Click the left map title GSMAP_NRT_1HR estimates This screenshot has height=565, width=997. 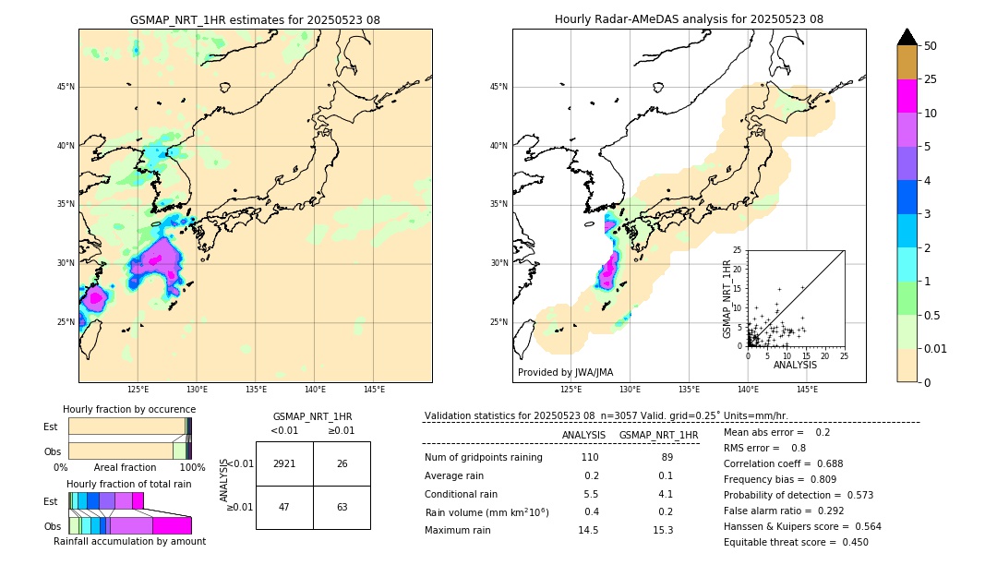click(x=255, y=19)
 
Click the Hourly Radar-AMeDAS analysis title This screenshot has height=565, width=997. click(x=689, y=19)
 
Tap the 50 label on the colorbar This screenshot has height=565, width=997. click(x=931, y=45)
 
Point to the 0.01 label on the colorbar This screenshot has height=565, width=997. click(x=936, y=348)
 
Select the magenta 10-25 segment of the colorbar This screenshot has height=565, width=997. click(x=907, y=96)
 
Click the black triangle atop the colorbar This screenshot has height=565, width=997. click(x=907, y=37)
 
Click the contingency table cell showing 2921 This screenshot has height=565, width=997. click(x=284, y=463)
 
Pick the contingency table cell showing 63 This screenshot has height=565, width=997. click(x=342, y=507)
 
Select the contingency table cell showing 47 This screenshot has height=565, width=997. click(x=284, y=507)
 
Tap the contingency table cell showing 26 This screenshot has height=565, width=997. click(x=342, y=463)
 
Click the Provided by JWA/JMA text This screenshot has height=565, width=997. click(x=565, y=373)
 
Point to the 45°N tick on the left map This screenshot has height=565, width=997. click(x=66, y=87)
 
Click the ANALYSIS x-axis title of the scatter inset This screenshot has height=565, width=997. click(x=795, y=366)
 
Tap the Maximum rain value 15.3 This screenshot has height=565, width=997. click(x=663, y=530)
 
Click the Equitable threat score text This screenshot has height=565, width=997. click(x=796, y=543)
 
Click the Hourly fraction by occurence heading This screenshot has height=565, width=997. click(x=129, y=409)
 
